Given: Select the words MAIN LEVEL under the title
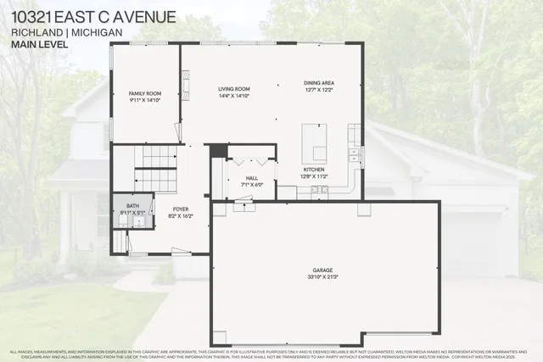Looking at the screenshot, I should click(34, 46).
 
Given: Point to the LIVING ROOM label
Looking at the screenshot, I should click(233, 88).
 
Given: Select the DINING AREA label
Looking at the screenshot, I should click(319, 82).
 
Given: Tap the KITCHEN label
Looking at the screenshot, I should click(314, 170).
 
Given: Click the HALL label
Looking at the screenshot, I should click(252, 178).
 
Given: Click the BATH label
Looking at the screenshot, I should click(132, 205).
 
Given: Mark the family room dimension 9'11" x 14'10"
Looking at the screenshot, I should click(144, 99).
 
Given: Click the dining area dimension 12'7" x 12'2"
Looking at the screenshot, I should click(319, 89).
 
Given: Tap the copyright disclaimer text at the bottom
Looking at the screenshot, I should click(271, 354).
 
